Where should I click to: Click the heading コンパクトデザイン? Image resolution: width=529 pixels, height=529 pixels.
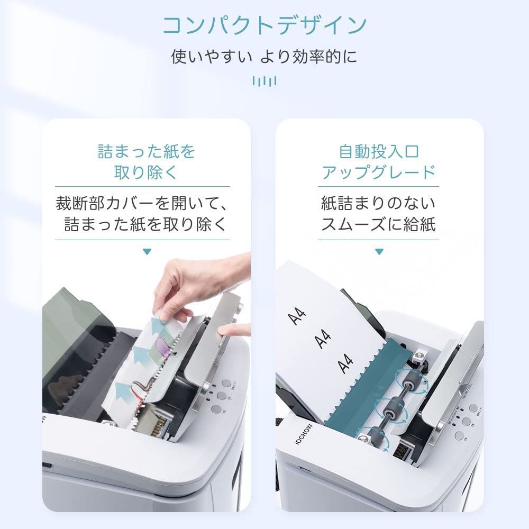click(264, 25)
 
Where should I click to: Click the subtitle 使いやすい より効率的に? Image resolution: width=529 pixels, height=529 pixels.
click(264, 57)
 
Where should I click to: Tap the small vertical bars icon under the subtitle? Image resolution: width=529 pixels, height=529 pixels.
click(264, 81)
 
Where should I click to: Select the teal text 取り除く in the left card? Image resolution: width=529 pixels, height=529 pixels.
click(147, 172)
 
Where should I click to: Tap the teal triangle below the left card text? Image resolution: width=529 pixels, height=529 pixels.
click(147, 252)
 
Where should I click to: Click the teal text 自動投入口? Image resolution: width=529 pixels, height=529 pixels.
click(379, 152)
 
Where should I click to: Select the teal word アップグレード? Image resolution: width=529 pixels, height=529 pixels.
click(379, 172)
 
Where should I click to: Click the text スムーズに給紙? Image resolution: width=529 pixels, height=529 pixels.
click(379, 224)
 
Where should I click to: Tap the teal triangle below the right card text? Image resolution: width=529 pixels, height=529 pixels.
click(379, 252)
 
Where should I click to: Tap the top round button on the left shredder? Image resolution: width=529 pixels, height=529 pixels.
click(226, 383)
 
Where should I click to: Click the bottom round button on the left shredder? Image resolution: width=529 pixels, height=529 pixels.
click(216, 408)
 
